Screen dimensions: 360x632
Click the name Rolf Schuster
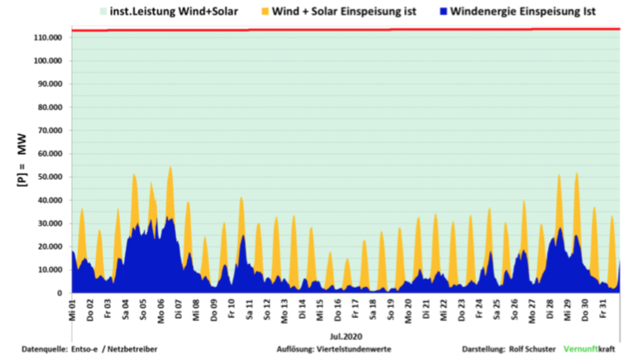[531, 350]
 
